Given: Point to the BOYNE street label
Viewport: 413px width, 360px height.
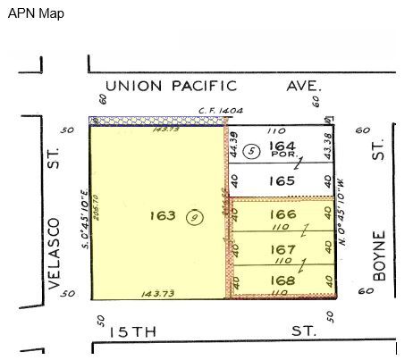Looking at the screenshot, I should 379,259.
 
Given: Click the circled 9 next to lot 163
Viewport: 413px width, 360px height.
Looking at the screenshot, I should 192,217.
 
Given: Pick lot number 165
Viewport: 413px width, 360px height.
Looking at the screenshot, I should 282,180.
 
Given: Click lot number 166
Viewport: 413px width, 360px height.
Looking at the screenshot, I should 282,214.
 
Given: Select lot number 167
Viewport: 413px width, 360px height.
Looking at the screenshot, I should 282,248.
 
